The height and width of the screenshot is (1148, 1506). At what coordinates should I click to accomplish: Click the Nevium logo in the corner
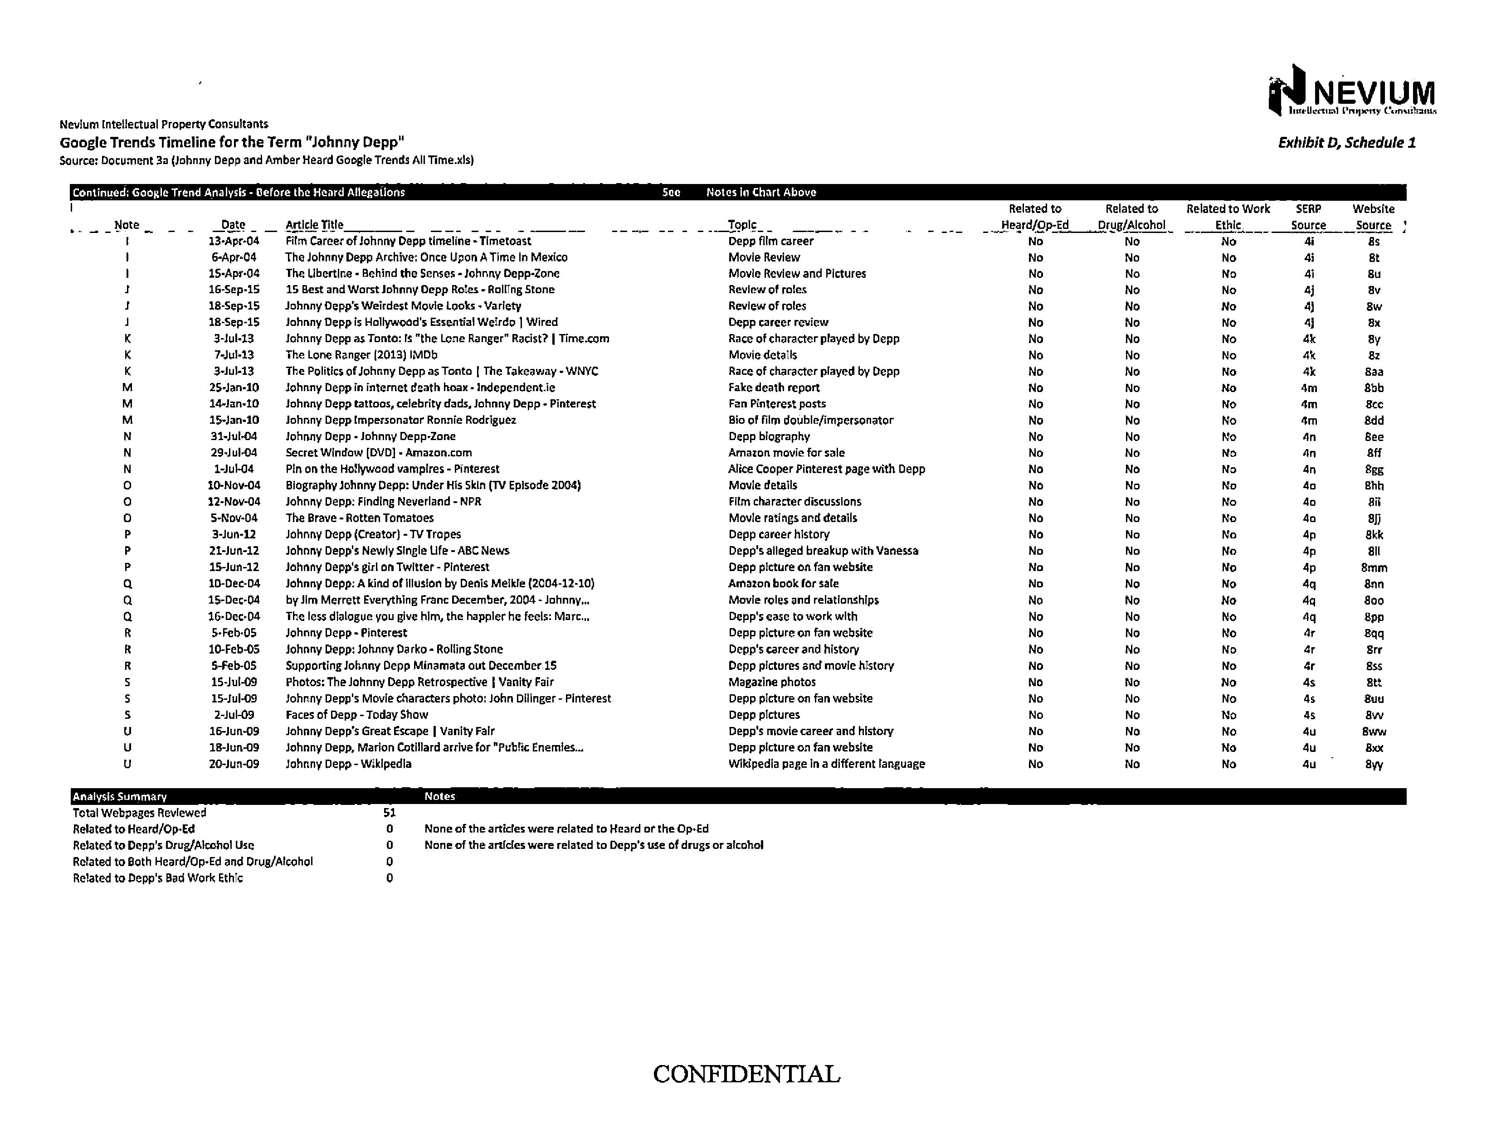click(1351, 92)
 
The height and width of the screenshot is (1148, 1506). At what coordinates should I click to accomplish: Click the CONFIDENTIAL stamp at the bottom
click(746, 1074)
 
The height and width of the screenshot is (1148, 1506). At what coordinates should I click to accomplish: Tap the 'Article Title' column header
click(314, 225)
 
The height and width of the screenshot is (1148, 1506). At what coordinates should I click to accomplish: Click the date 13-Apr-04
click(234, 241)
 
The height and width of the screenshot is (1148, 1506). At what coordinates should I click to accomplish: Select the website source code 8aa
click(1374, 372)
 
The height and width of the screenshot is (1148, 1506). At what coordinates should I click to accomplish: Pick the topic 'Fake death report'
click(774, 388)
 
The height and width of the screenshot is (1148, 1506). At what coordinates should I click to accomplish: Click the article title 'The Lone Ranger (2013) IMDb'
click(361, 355)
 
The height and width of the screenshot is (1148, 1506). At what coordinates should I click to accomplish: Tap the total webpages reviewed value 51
click(390, 813)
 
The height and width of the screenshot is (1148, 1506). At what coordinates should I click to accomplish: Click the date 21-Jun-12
click(234, 551)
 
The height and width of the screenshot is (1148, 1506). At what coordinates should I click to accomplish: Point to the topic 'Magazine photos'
click(772, 682)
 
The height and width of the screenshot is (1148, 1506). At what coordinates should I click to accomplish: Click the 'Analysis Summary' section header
click(120, 797)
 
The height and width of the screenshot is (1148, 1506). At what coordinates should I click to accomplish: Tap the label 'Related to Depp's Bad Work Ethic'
click(158, 878)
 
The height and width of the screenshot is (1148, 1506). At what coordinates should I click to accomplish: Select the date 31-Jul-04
click(234, 436)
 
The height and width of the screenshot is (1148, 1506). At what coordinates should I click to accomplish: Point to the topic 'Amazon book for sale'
click(784, 584)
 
